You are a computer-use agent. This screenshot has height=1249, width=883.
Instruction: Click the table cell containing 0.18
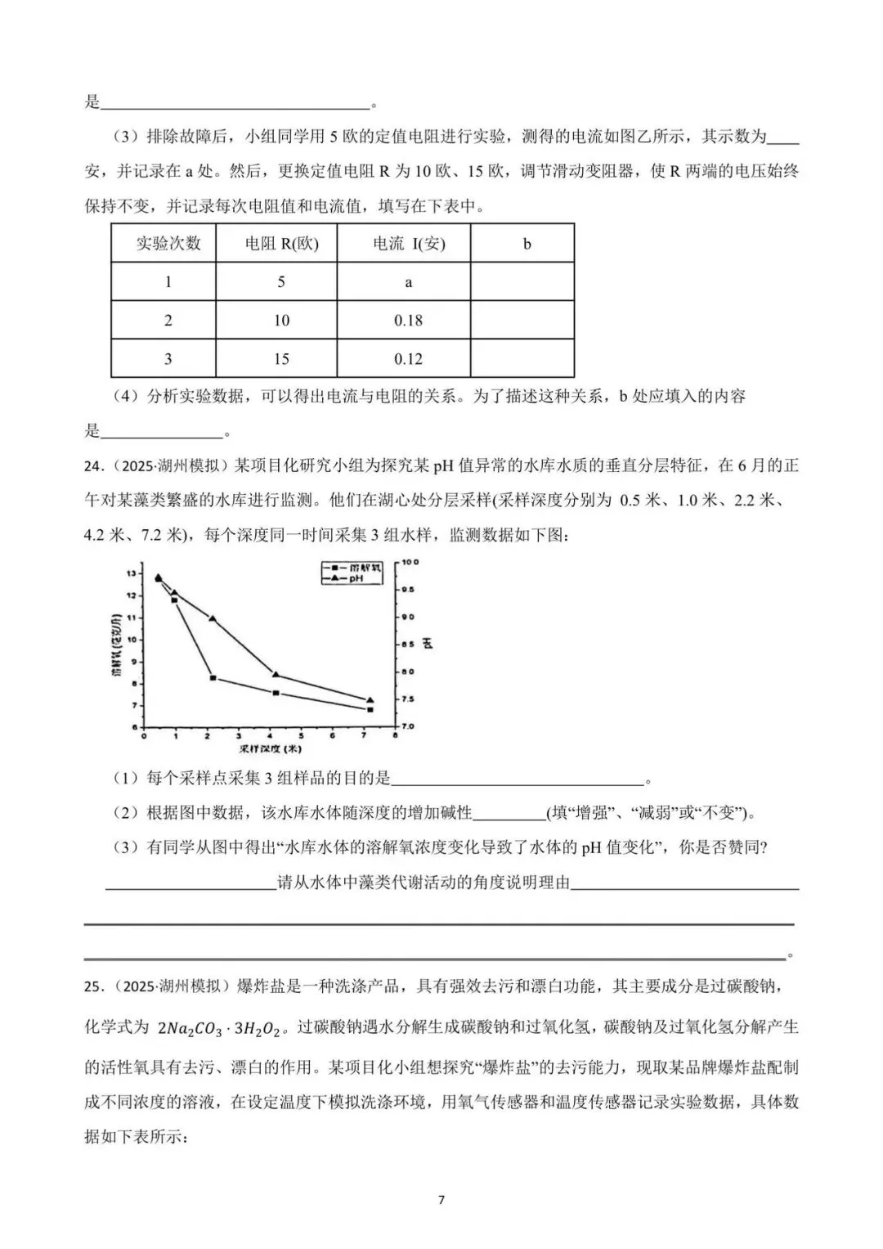coord(408,321)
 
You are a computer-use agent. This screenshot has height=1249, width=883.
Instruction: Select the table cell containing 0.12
coord(408,359)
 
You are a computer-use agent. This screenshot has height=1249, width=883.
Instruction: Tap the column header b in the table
coord(527,244)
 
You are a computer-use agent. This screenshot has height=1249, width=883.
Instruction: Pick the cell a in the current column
coord(408,282)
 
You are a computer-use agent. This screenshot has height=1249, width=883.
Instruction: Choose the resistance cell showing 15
coord(281,359)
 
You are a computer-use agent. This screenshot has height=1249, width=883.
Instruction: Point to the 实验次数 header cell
coord(168,244)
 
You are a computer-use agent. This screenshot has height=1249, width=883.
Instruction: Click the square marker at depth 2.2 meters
coord(213,678)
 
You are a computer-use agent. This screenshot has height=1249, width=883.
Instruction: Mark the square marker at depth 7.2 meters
coord(370,710)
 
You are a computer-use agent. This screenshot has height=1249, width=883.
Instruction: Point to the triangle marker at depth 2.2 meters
coord(213,618)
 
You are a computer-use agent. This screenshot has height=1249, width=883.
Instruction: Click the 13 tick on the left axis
coord(132,573)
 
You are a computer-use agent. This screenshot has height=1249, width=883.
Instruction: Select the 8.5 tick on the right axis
coord(406,645)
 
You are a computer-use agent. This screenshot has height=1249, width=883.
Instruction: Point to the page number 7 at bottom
coord(441,1200)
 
